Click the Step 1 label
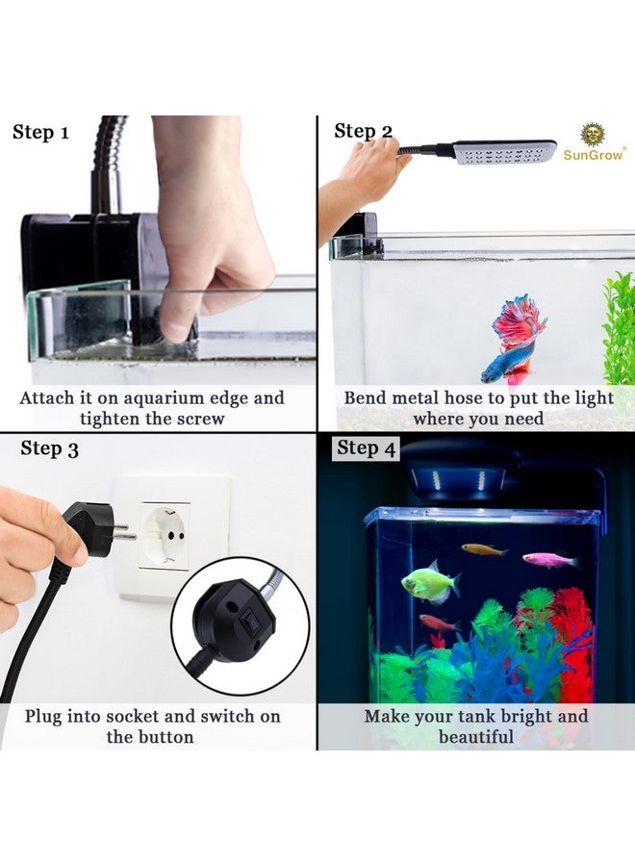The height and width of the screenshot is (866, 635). tap(40, 133)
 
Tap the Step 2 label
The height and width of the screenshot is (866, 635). tap(363, 132)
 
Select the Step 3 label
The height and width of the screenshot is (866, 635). tap(49, 449)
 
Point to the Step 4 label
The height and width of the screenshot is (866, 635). tap(366, 448)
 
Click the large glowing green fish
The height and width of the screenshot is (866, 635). tap(428, 582)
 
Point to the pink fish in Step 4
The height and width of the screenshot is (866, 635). tap(549, 559)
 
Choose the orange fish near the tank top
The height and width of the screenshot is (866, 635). tap(483, 549)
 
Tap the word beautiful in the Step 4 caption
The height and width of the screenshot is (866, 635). tap(475, 737)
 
